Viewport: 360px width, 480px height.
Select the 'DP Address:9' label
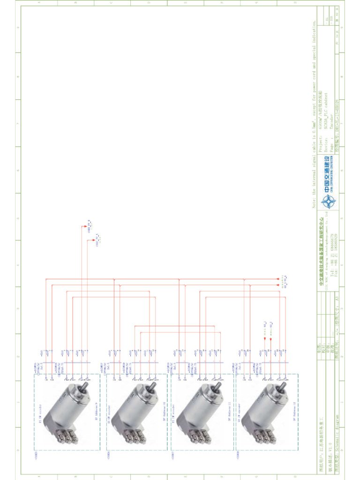97,412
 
